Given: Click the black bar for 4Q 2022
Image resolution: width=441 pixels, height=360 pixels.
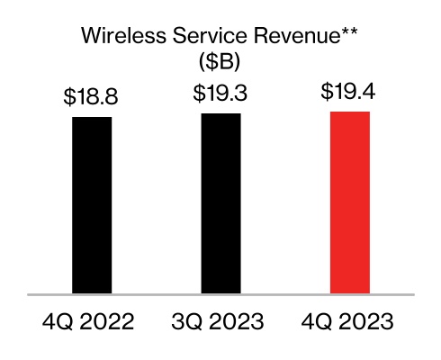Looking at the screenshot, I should [x=92, y=204].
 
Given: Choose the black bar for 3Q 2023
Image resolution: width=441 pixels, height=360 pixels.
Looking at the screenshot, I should [x=221, y=202].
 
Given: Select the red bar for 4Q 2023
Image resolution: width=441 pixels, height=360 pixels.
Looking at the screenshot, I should [x=351, y=202].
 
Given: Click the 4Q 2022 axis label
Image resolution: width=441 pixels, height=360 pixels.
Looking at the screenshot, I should [x=92, y=321].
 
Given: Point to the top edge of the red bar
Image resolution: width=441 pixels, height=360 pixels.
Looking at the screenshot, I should [x=351, y=112].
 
